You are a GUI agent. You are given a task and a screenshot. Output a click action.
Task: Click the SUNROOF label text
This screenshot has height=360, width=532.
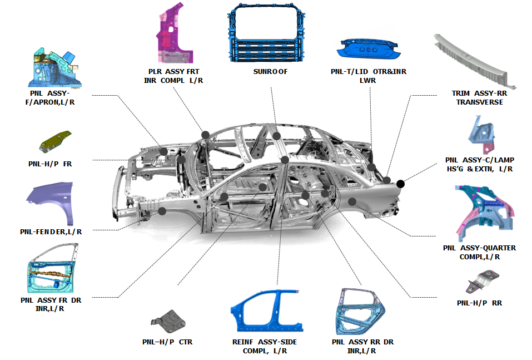[x=271, y=72]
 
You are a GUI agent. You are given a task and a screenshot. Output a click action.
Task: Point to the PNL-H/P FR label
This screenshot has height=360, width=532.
[x=50, y=164]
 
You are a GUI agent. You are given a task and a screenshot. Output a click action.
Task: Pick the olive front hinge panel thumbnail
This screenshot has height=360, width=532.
[x=56, y=141]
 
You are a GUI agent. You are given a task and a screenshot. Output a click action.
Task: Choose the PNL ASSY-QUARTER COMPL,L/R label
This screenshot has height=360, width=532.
[x=479, y=252]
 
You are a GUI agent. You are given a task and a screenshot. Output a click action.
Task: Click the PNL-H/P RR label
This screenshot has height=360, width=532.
[x=480, y=303]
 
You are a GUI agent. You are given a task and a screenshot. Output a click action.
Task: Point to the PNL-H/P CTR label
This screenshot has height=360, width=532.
[x=167, y=342]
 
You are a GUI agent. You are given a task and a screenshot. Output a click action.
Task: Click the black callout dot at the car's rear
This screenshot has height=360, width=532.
[x=400, y=183]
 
